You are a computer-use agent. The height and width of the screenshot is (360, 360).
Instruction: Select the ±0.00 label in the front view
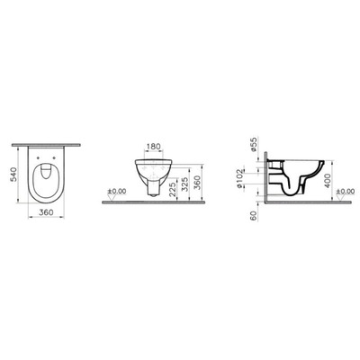pyautogui.click(x=115, y=193)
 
